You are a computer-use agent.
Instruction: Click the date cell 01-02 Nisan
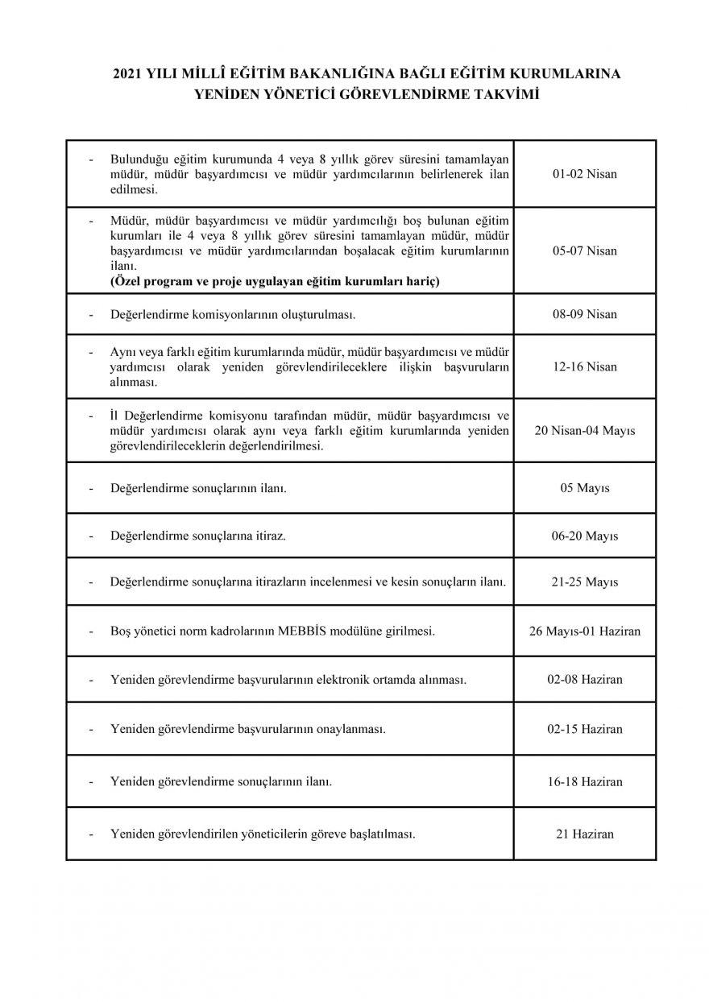pyautogui.click(x=585, y=174)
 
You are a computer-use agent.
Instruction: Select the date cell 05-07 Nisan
pyautogui.click(x=585, y=250)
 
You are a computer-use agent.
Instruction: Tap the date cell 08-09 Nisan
pyautogui.click(x=585, y=314)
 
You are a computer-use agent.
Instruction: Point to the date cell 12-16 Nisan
pyautogui.click(x=585, y=366)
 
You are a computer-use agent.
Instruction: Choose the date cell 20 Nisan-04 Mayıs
pyautogui.click(x=585, y=430)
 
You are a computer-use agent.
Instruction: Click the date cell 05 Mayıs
pyautogui.click(x=585, y=488)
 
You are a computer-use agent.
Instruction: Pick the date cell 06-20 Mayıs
pyautogui.click(x=585, y=536)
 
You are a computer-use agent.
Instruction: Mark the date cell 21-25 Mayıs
pyautogui.click(x=585, y=581)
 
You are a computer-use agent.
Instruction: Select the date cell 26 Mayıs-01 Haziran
pyautogui.click(x=585, y=631)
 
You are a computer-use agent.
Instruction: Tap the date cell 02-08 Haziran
pyautogui.click(x=585, y=679)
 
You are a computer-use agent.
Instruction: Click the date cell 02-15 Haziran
pyautogui.click(x=585, y=729)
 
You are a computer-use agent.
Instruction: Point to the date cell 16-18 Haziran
pyautogui.click(x=585, y=781)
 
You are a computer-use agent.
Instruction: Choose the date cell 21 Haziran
pyautogui.click(x=585, y=834)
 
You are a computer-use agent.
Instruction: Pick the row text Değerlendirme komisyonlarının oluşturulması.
pyautogui.click(x=233, y=314)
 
